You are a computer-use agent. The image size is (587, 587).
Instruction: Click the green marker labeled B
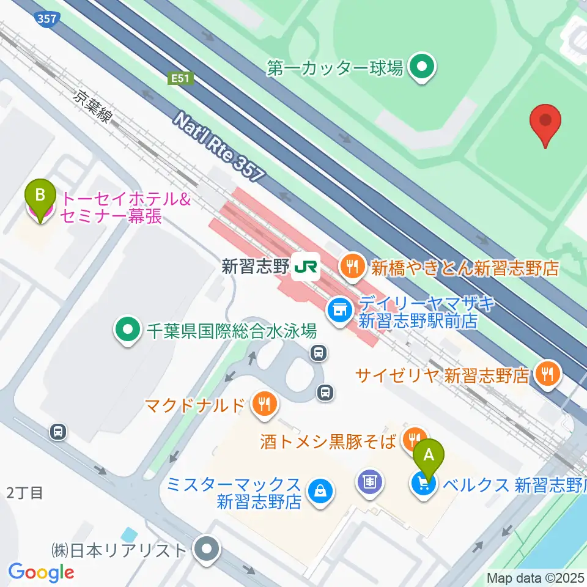pos(40,197)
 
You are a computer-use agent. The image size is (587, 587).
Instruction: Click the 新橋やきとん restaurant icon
pos(351,266)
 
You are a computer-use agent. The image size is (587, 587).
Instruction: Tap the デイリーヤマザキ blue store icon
pos(338,310)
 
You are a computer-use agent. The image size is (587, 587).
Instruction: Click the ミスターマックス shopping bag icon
pos(319,490)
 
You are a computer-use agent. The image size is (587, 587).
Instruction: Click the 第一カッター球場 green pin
pos(421,67)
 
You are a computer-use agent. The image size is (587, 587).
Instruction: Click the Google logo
pos(41,572)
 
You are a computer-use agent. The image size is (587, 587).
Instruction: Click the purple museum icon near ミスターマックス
pos(370,482)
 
